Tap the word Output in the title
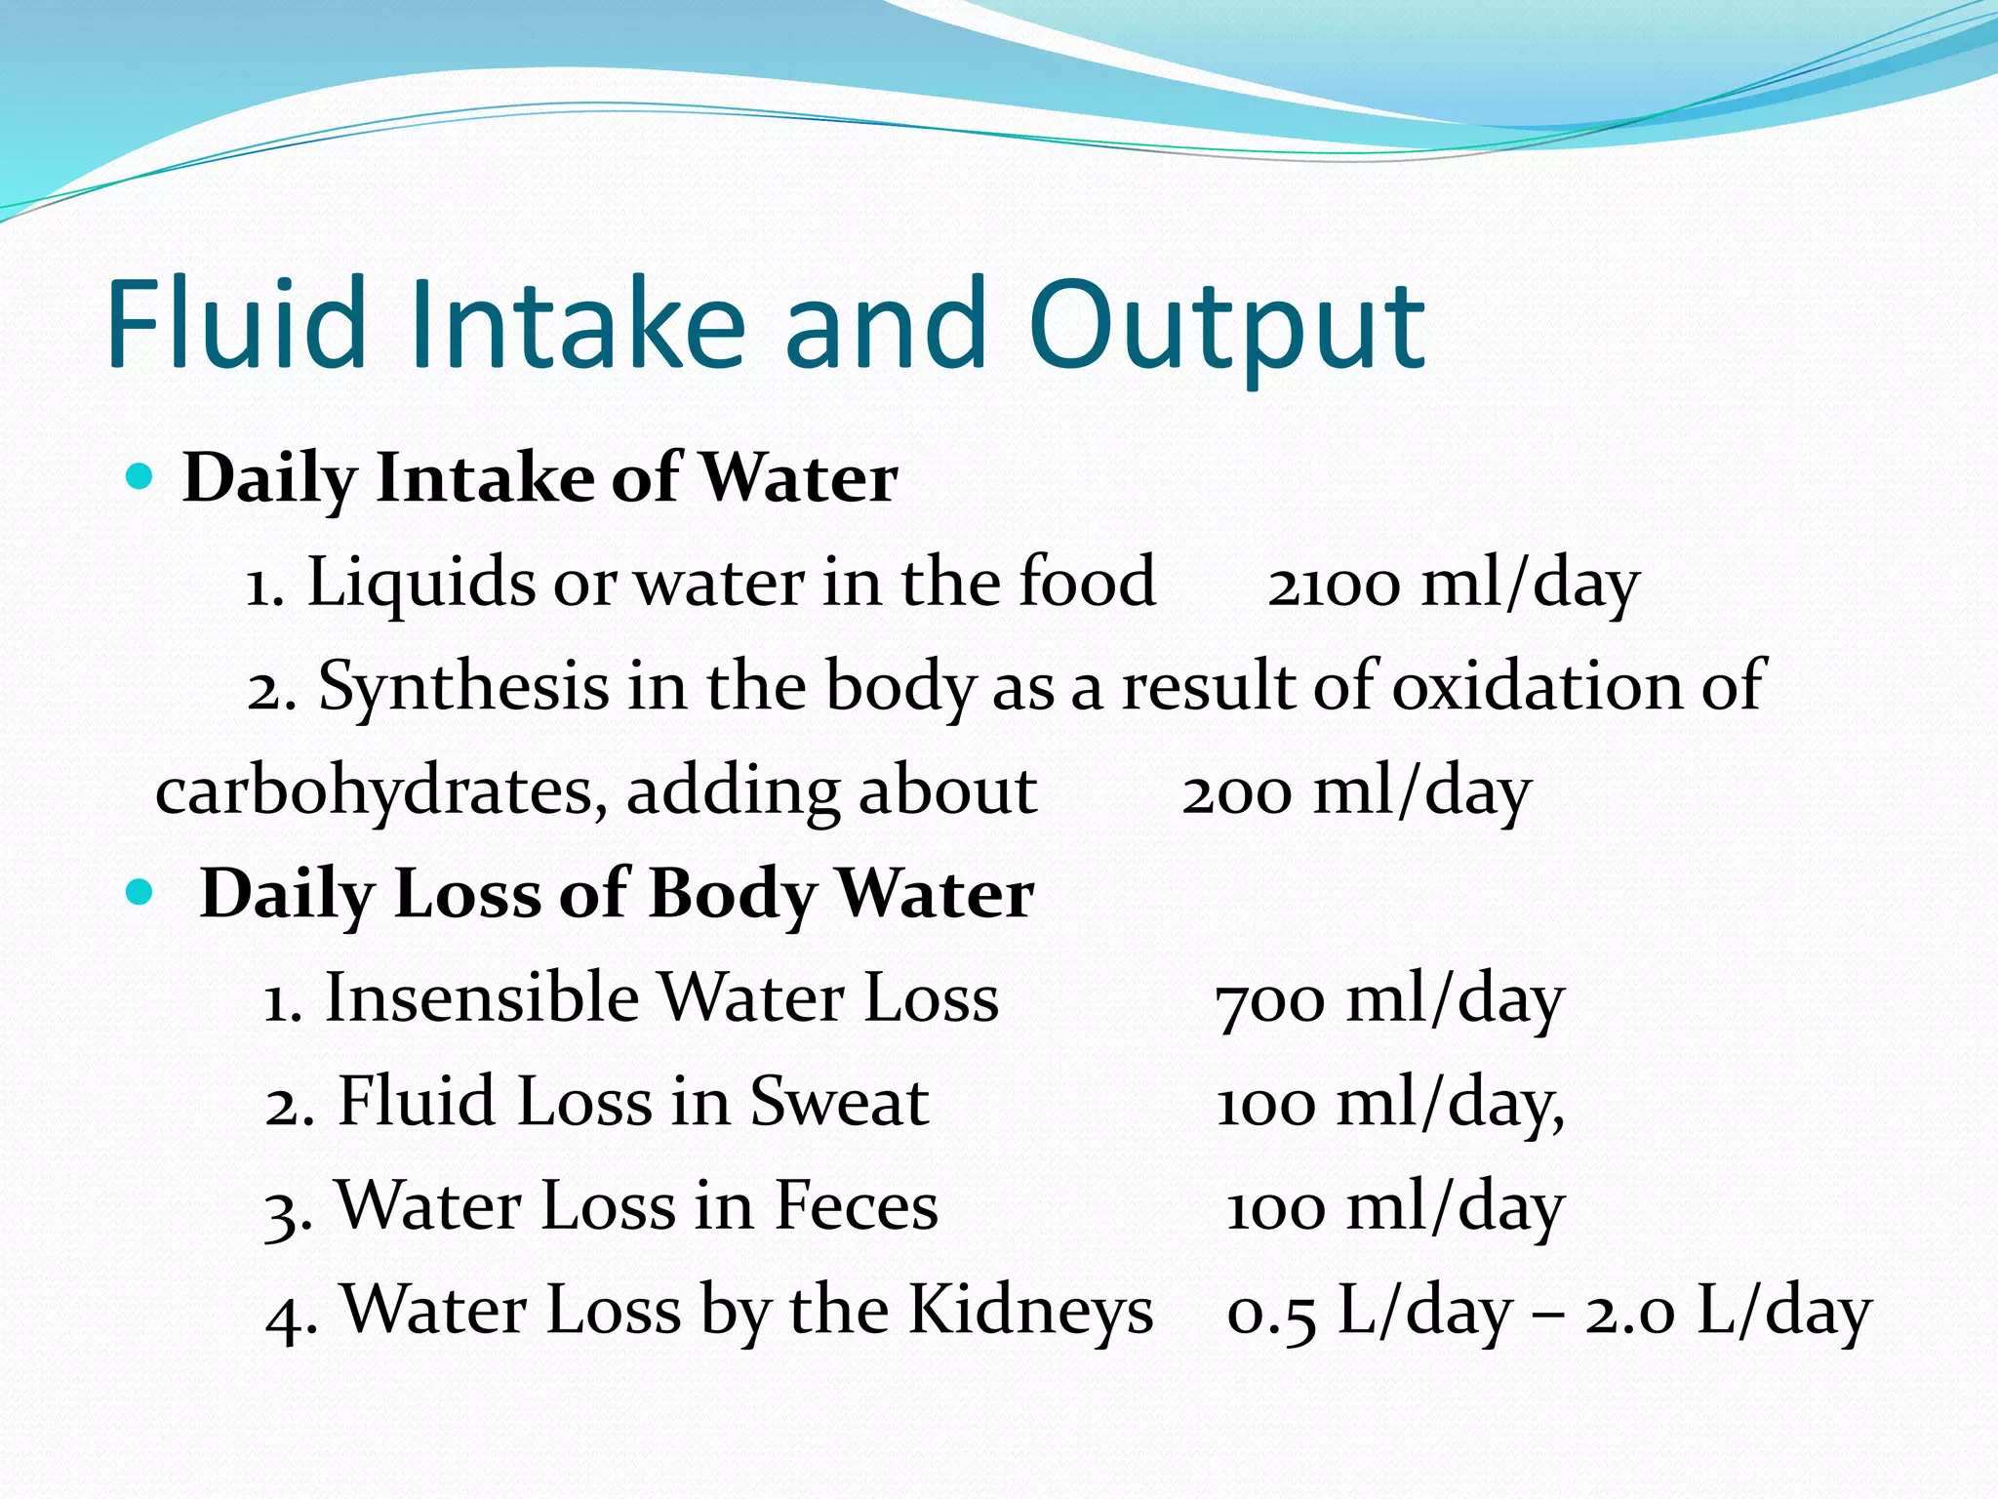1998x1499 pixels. click(1226, 327)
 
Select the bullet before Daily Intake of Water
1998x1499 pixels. click(140, 476)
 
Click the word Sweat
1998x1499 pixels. click(838, 1103)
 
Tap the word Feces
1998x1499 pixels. click(856, 1206)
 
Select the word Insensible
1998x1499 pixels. click(481, 998)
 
